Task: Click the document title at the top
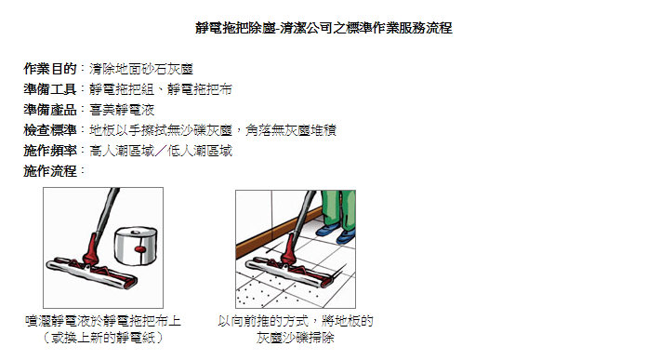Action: (x=323, y=28)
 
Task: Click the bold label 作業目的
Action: (x=50, y=69)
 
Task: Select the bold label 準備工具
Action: (x=50, y=89)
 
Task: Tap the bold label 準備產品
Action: (x=50, y=110)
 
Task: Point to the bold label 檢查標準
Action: (x=50, y=130)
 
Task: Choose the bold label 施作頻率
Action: (x=50, y=151)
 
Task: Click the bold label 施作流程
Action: (x=50, y=171)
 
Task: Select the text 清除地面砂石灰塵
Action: (x=141, y=69)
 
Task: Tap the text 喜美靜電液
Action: (x=122, y=110)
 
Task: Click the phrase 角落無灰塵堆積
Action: (x=291, y=130)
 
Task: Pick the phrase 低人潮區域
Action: (x=200, y=151)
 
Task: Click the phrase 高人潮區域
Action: (x=122, y=151)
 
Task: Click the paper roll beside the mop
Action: (x=136, y=246)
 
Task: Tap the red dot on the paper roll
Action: (x=140, y=249)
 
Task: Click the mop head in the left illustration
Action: (x=92, y=273)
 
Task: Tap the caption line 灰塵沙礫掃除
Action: (x=295, y=338)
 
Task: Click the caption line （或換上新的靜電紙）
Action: (x=103, y=338)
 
